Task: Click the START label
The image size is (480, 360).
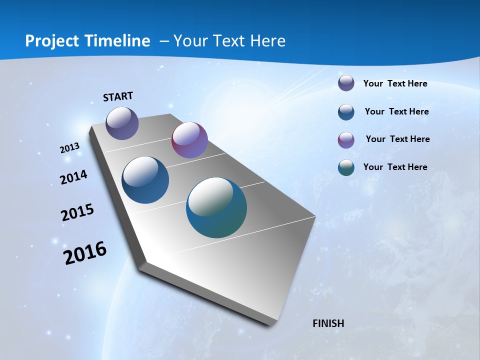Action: click(118, 96)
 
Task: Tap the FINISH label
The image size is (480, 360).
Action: click(328, 323)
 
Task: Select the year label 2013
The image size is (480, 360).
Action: click(70, 148)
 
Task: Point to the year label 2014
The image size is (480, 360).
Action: click(73, 177)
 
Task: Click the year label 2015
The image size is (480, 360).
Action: click(77, 212)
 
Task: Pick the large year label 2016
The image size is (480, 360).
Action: click(85, 253)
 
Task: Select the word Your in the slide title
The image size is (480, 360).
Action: click(191, 41)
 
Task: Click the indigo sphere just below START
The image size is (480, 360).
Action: click(122, 123)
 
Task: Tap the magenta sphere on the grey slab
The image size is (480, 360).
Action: click(189, 140)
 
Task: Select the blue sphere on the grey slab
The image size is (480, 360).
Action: click(145, 180)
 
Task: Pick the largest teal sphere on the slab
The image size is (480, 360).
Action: click(216, 207)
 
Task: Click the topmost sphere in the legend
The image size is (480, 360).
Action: click(346, 83)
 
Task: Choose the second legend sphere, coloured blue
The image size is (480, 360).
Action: click(346, 112)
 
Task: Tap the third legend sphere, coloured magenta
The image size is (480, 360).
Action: click(346, 140)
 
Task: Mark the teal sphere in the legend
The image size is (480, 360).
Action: click(346, 167)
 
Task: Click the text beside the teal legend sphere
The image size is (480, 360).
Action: click(395, 167)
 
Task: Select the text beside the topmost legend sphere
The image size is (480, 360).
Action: click(395, 83)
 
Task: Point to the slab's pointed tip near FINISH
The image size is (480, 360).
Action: click(273, 323)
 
